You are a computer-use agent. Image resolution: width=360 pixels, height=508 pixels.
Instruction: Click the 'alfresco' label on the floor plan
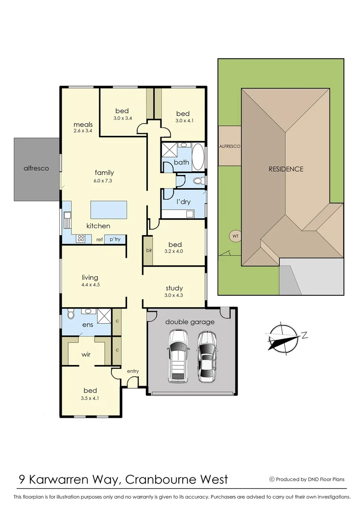click(x=36, y=168)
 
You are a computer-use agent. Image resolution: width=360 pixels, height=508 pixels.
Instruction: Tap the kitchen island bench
click(x=109, y=209)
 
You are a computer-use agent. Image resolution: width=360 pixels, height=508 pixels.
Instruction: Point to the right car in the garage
click(x=207, y=356)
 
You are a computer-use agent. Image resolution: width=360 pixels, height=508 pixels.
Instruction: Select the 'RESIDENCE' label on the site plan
click(x=286, y=169)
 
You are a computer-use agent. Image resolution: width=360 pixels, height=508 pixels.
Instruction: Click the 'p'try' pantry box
click(x=115, y=239)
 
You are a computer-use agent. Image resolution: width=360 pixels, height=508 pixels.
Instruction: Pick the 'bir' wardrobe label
click(x=149, y=250)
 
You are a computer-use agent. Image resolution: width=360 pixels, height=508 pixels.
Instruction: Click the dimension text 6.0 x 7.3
click(x=104, y=181)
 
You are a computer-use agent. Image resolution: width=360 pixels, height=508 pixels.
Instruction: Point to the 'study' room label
click(x=174, y=288)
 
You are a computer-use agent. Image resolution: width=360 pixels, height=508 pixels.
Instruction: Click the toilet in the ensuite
click(x=71, y=314)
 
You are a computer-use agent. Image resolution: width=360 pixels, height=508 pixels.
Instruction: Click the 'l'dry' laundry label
click(x=183, y=201)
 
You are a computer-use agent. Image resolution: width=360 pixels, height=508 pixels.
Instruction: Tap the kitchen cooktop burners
click(x=81, y=238)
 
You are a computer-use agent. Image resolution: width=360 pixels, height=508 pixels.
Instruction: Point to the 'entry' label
click(x=133, y=371)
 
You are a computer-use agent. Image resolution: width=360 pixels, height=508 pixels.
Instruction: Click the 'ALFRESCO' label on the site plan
click(x=230, y=146)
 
